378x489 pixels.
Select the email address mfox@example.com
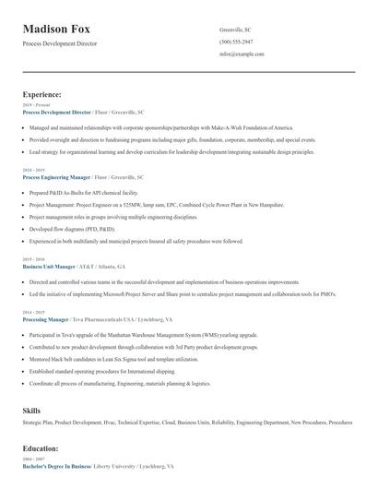coord(242,54)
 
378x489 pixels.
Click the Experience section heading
coord(42,94)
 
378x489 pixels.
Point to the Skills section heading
coord(32,409)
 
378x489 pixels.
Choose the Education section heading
coord(41,448)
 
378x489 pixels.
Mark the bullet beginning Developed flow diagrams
coord(72,228)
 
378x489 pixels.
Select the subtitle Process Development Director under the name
coord(59,43)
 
